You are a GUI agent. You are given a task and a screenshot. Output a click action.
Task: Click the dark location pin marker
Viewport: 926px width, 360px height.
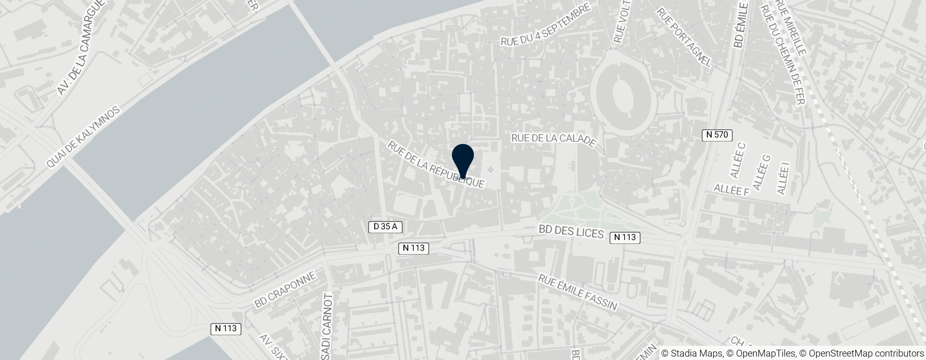(463, 158)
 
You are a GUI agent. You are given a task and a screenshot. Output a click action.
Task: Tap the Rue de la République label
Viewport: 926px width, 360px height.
(436, 165)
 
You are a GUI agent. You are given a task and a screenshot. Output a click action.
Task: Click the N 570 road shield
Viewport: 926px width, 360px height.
(717, 135)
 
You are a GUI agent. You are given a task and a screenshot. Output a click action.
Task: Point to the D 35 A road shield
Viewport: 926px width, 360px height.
(385, 227)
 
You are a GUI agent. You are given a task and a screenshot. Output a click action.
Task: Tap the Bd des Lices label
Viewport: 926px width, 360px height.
(571, 234)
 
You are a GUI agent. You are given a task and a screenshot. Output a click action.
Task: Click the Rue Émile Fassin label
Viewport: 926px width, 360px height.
(578, 292)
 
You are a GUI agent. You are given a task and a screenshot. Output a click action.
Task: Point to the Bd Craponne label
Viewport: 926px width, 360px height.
(285, 290)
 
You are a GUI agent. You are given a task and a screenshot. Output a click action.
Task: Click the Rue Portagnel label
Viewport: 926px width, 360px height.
(683, 37)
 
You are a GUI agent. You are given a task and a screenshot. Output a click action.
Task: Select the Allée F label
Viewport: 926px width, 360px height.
(731, 190)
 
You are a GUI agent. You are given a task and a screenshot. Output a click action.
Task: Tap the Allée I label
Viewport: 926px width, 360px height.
(783, 180)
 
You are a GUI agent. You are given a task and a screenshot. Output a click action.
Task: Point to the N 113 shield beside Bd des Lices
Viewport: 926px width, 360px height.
(625, 237)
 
